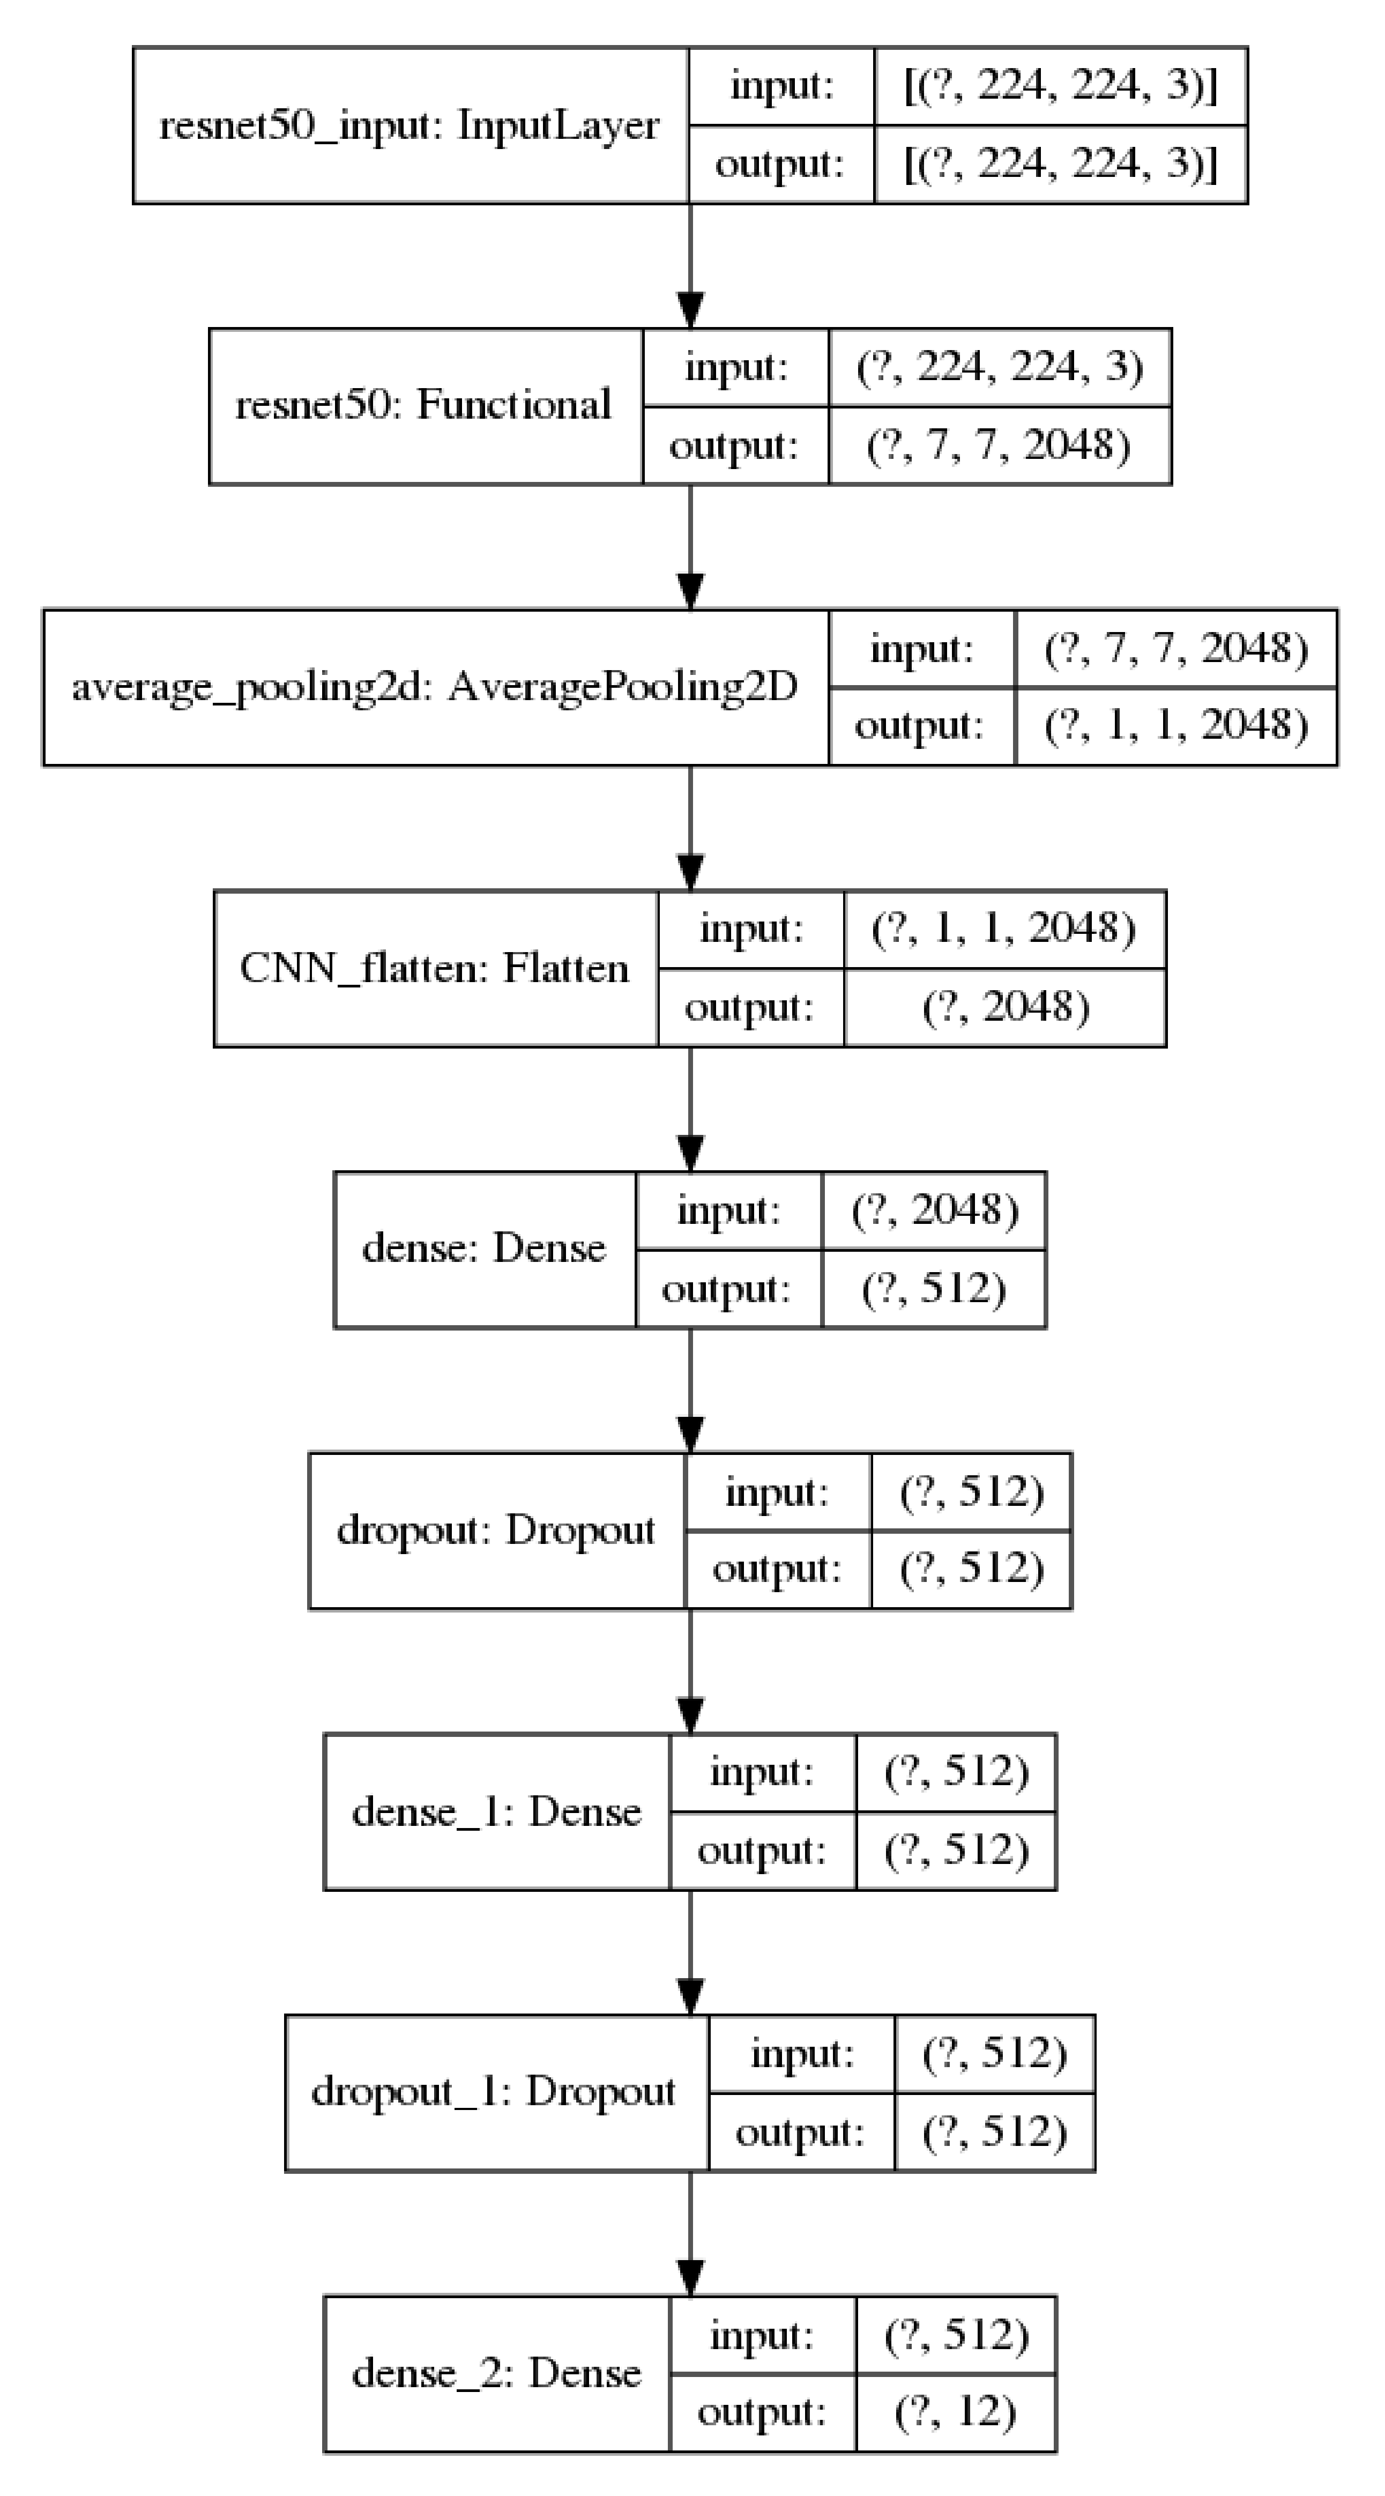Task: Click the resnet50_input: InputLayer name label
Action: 409,125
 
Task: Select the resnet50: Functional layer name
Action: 423,405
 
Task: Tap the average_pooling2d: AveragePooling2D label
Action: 435,687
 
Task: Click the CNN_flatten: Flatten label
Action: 434,968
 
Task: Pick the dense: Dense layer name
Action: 483,1248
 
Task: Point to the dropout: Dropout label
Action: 496,1530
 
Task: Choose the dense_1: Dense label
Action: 496,1811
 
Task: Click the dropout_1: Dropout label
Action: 493,2092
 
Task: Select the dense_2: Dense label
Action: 496,2373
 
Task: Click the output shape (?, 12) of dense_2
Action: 955,2413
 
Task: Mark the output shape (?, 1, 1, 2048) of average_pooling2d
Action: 1176,726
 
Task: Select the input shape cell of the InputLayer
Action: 1061,86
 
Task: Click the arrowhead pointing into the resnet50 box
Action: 690,310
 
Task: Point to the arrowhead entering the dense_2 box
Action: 690,2277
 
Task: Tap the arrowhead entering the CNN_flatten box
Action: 690,872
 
